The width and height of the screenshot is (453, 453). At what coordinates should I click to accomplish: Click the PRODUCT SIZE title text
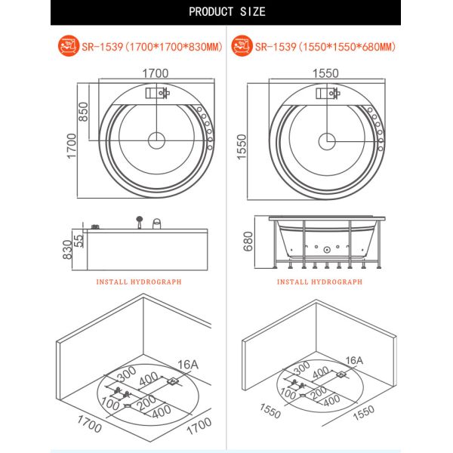pos(226,11)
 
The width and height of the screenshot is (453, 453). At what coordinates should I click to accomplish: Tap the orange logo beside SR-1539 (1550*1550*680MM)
pos(242,47)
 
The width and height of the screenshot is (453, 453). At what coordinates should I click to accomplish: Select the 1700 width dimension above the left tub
pos(156,73)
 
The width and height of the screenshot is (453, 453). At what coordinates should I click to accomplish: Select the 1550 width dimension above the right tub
pos(327,73)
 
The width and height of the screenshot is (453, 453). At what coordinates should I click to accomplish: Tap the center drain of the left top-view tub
pos(156,140)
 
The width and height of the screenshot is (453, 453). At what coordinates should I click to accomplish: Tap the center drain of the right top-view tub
pos(327,140)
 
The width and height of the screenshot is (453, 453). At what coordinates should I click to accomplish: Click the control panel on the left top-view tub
pos(157,94)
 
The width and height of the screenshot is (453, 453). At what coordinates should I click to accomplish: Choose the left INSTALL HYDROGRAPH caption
pos(139,282)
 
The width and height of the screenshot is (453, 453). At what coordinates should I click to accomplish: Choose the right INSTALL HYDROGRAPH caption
pos(319,282)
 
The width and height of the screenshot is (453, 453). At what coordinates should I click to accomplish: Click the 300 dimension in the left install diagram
pos(127,373)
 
